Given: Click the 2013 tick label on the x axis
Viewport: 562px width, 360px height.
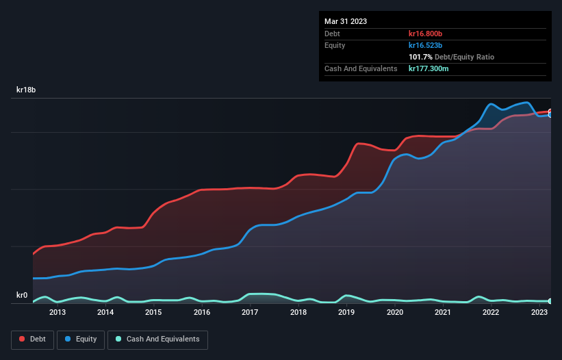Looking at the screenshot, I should (58, 313).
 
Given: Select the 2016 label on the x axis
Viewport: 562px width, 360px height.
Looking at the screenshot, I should (202, 313).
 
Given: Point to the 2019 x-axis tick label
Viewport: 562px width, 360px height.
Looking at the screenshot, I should (346, 313).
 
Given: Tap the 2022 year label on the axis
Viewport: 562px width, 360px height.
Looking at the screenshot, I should (491, 313).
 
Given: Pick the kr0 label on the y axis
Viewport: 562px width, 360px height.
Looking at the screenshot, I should (21, 296).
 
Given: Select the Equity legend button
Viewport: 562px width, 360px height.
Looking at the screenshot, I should (81, 339).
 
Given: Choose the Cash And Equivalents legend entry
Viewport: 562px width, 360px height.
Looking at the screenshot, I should (157, 339).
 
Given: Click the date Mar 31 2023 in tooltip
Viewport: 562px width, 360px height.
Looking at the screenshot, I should (346, 21).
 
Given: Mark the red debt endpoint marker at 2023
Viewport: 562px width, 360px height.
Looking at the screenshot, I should (550, 112).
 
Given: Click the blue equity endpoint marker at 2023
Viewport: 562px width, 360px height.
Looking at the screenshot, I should (550, 115).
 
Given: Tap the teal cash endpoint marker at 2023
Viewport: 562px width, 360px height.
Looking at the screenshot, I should (550, 301).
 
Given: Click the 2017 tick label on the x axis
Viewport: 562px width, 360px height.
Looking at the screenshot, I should (250, 313).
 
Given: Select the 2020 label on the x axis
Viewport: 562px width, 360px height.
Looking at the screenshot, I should (395, 313).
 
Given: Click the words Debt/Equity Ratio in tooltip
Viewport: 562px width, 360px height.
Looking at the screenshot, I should (465, 57).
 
